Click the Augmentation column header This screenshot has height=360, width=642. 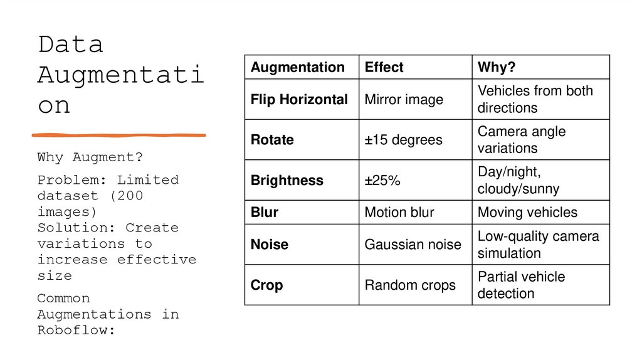click(298, 67)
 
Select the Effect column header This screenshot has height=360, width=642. click(384, 67)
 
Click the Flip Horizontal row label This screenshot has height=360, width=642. click(299, 99)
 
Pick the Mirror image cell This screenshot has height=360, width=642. click(404, 99)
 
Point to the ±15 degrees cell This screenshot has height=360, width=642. click(403, 140)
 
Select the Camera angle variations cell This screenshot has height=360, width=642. click(522, 140)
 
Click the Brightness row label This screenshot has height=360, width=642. click(287, 181)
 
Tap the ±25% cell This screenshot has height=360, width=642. click(383, 181)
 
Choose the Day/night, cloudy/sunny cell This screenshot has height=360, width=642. click(518, 181)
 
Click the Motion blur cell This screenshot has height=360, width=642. click(399, 212)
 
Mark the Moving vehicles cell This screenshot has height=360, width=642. click(527, 212)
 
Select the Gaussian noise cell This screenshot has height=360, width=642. click(413, 245)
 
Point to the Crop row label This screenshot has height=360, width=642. click(267, 285)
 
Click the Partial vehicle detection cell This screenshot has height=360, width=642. click(521, 285)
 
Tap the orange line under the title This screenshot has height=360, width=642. click(118, 135)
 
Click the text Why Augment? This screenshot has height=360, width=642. click(90, 157)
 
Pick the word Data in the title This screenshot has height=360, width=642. click(70, 45)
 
